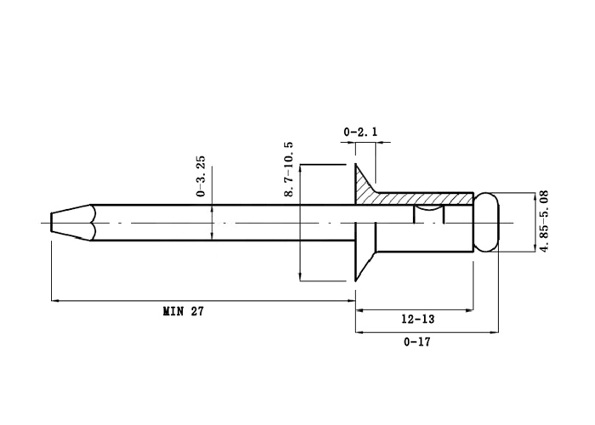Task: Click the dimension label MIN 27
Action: point(184,312)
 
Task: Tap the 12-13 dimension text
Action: point(418,319)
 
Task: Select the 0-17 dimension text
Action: point(417,343)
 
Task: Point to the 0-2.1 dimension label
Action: point(360,132)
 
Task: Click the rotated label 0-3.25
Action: point(201,176)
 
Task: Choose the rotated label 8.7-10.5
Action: point(288,169)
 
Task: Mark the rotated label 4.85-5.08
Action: point(544,221)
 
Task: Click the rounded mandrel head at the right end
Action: point(487,223)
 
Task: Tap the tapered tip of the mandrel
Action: point(71,223)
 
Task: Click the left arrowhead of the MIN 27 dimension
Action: point(55,301)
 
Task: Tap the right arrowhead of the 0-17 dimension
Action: point(495,333)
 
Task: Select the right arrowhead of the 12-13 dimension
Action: point(470,310)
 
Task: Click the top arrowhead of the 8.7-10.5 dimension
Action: point(300,169)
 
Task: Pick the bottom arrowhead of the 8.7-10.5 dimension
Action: point(300,277)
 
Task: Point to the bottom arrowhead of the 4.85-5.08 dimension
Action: point(535,248)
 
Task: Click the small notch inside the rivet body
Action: point(428,213)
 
